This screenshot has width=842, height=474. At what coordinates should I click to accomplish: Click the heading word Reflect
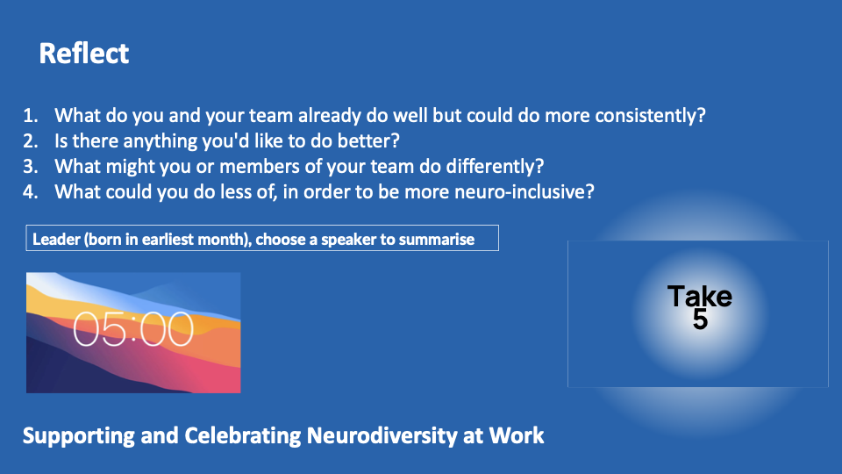coord(84,54)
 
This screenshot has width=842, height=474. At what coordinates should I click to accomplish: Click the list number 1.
coord(30,116)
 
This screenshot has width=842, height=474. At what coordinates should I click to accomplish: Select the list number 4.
coord(30,192)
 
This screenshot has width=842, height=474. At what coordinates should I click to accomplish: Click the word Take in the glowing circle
coord(700,296)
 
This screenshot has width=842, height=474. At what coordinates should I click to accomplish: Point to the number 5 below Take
coord(700,320)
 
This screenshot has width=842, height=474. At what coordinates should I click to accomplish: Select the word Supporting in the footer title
coord(78,436)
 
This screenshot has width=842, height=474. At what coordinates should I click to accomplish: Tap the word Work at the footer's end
coord(517,435)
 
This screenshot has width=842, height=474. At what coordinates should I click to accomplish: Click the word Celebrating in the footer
coord(243,436)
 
